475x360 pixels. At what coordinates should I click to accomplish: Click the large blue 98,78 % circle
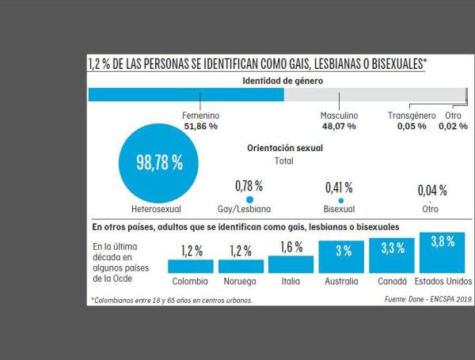click(x=150, y=165)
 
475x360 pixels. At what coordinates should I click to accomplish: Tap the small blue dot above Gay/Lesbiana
click(x=249, y=200)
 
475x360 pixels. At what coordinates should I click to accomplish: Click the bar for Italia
click(x=291, y=264)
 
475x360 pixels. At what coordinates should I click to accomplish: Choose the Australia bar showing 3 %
click(x=342, y=257)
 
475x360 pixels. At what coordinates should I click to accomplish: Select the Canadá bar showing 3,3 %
click(x=393, y=256)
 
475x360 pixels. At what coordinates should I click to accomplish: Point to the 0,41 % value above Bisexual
click(x=339, y=188)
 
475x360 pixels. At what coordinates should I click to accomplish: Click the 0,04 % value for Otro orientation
click(x=432, y=191)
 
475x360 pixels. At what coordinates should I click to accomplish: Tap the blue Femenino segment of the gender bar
click(x=185, y=95)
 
